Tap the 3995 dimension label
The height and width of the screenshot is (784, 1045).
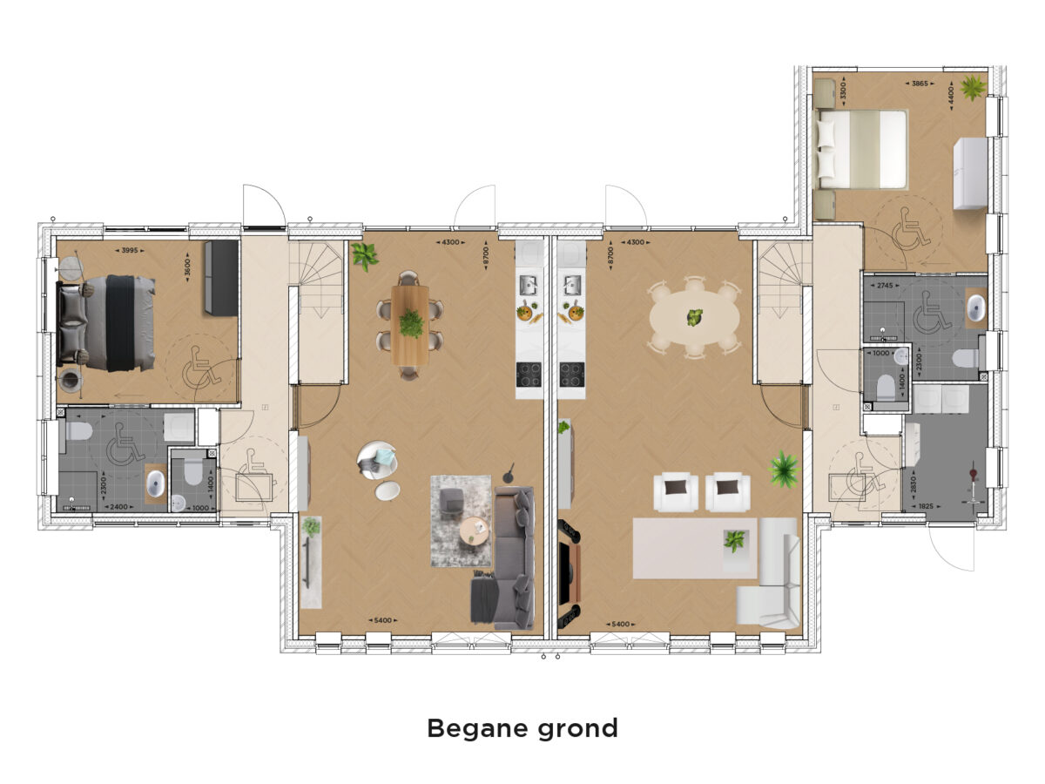click(x=130, y=250)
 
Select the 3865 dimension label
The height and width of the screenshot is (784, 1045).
click(x=920, y=84)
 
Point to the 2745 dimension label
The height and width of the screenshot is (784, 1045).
click(x=885, y=286)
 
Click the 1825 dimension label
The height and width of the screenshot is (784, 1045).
click(x=926, y=506)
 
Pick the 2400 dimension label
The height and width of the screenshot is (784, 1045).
click(x=118, y=507)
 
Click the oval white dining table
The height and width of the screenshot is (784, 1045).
click(x=695, y=317)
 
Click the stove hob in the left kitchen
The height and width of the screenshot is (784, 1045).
click(x=529, y=375)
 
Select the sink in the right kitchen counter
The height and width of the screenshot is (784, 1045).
click(x=572, y=285)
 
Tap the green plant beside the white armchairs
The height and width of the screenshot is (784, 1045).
click(x=784, y=470)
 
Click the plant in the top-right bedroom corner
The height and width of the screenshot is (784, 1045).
click(x=973, y=88)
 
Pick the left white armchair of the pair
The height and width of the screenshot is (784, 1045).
click(x=676, y=491)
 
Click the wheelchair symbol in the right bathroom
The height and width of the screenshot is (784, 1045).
click(x=932, y=313)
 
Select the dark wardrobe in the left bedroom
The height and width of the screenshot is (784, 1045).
click(x=222, y=278)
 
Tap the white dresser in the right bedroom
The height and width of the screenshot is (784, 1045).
click(x=970, y=173)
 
